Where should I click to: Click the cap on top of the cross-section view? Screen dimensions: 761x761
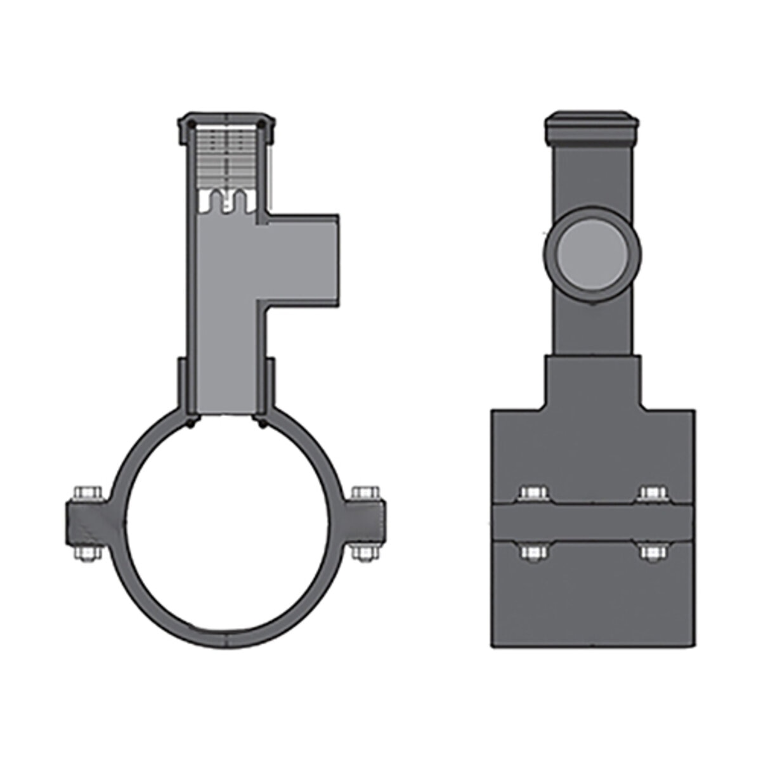click(x=226, y=121)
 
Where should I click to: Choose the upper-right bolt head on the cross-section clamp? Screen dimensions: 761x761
click(x=365, y=493)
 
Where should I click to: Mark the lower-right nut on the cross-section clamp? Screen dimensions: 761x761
click(x=365, y=552)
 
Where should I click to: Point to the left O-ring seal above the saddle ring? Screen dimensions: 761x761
click(x=191, y=421)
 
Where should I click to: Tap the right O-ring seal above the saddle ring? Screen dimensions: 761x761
click(x=261, y=421)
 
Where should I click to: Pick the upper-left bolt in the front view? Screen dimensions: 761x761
click(x=531, y=493)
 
